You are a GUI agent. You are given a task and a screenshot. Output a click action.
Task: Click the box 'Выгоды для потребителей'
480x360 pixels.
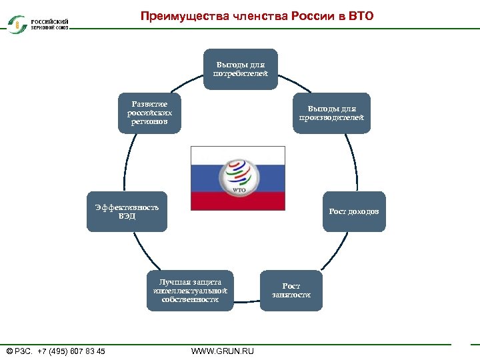[240, 69]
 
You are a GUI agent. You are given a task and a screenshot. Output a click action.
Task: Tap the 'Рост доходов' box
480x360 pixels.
[353, 212]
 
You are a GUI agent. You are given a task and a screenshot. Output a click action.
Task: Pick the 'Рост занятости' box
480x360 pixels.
[291, 291]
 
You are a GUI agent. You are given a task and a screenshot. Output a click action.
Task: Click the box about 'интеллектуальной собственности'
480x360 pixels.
[190, 291]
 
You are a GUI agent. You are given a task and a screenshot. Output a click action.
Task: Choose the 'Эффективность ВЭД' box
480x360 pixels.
[127, 212]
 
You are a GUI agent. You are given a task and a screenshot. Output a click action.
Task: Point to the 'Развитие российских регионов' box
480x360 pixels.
[149, 113]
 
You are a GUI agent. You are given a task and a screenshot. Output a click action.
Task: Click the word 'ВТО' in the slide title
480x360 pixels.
[361, 15]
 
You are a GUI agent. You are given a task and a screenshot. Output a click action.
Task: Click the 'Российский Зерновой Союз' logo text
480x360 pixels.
[49, 24]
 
